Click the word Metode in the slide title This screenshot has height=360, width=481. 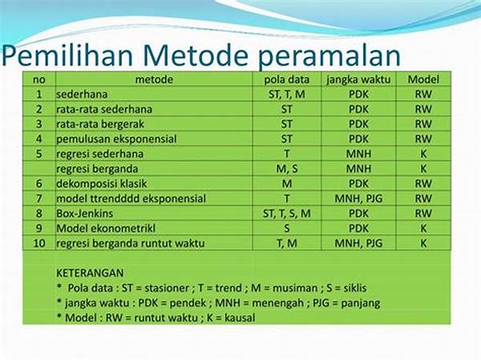point(195,55)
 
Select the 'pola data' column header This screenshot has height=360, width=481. point(286,79)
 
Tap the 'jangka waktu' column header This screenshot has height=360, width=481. point(358,80)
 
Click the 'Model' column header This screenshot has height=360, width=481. point(423,79)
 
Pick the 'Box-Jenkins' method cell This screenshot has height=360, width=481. point(85,213)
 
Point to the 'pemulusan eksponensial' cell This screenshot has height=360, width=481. point(116,139)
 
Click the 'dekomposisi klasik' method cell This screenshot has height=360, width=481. point(102,184)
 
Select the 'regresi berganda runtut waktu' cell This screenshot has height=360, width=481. point(131,244)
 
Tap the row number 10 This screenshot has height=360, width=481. point(39,244)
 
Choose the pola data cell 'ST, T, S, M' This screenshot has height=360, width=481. point(286,213)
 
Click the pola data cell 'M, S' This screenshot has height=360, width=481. point(287,169)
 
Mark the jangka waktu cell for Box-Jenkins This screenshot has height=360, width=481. point(358,213)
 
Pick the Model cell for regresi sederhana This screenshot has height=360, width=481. point(423,154)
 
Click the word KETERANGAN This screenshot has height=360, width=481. point(90,273)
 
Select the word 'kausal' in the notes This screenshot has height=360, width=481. point(240,318)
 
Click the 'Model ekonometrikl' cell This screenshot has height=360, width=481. point(106,229)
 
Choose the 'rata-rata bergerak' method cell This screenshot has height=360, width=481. point(100,124)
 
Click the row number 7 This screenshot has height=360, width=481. point(39,199)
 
